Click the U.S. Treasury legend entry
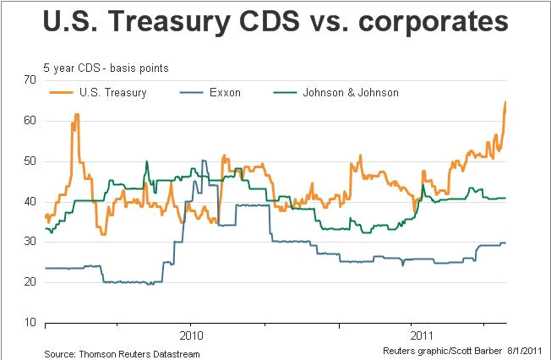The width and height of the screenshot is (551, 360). tap(112, 93)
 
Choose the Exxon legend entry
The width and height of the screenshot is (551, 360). tap(224, 93)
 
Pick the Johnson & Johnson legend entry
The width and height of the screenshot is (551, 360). tap(350, 93)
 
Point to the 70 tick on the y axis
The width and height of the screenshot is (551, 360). tap(31, 79)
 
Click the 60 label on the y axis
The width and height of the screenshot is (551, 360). tap(31, 120)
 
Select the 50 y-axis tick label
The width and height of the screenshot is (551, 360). tap(31, 161)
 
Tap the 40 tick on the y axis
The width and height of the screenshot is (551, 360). tap(31, 201)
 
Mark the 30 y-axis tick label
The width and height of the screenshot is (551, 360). tap(31, 242)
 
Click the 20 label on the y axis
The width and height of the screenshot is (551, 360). tap(31, 282)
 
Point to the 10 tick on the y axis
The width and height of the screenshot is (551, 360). tap(31, 323)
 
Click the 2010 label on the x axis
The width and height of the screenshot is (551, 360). tap(190, 335)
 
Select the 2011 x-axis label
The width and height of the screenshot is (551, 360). tap(412, 335)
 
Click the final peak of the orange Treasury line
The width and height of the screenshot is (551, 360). tap(505, 102)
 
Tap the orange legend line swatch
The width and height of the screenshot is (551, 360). tap(61, 93)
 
